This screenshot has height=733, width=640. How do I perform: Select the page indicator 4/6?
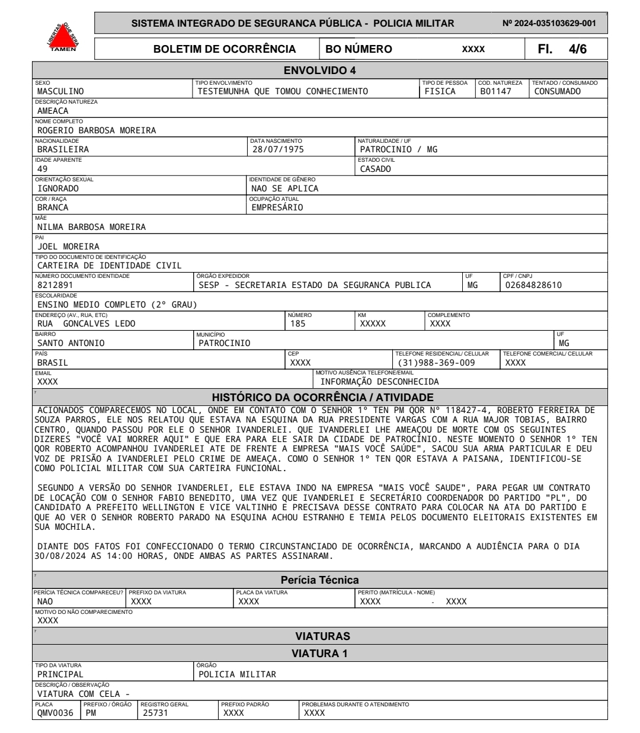(578, 49)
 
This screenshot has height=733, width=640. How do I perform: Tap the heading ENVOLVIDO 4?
(319, 71)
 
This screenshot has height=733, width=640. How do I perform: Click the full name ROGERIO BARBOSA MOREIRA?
(97, 130)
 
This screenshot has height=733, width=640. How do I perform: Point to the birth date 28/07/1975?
(278, 149)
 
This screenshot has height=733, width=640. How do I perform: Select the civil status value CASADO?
(376, 169)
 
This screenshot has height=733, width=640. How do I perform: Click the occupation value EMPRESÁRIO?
(277, 207)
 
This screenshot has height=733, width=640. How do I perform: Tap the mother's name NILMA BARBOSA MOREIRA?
(91, 227)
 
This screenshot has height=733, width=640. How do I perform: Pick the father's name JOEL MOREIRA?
(68, 247)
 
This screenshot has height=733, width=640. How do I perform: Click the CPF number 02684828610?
(533, 285)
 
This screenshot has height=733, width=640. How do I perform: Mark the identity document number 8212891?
(55, 285)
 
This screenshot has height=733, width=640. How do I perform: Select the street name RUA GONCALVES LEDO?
(87, 324)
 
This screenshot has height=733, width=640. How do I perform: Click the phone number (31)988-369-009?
(436, 362)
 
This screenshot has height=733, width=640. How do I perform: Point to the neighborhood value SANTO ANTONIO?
(71, 343)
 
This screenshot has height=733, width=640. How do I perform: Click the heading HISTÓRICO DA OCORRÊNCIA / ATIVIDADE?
(323, 398)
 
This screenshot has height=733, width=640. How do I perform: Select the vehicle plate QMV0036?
(56, 713)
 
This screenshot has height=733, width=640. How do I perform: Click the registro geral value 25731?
(156, 713)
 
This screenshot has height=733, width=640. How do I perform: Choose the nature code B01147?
(495, 91)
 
